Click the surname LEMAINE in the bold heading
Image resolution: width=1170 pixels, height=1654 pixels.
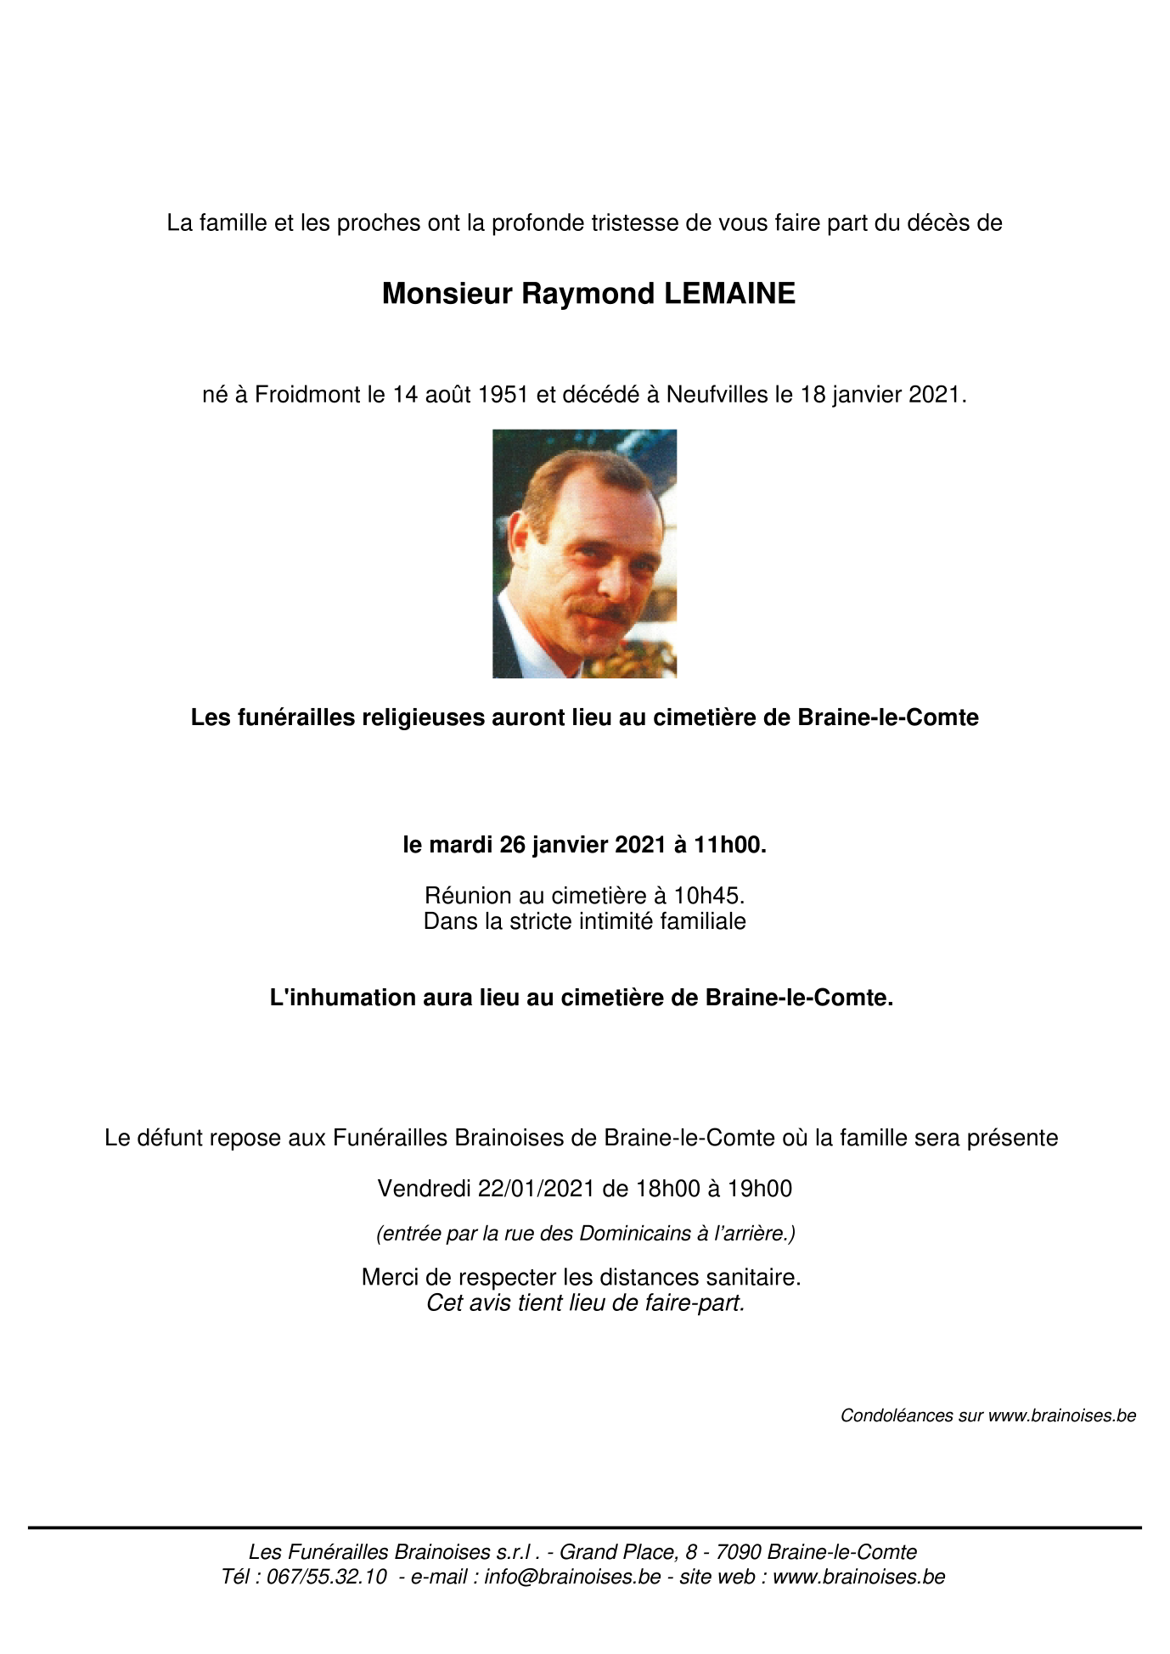tap(729, 294)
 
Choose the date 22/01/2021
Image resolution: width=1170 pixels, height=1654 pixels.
tap(536, 1189)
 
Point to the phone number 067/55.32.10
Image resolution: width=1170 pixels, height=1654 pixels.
tap(327, 1577)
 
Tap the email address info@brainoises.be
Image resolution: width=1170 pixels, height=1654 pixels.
tap(572, 1577)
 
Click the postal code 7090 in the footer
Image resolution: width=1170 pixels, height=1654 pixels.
tap(739, 1552)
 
